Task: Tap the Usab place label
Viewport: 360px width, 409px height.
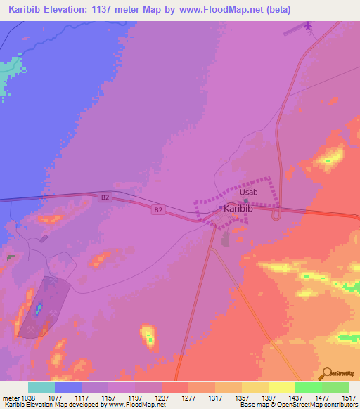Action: [x=249, y=192]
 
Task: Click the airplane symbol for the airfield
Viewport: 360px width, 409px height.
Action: [x=308, y=26]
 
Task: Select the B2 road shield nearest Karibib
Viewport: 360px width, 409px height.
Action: [x=159, y=209]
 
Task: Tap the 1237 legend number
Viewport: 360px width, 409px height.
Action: [x=162, y=397]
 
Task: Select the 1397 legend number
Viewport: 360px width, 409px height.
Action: [x=269, y=397]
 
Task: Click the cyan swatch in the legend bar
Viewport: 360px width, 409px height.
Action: [x=41, y=387]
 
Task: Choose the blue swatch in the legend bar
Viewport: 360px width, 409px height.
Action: [x=68, y=387]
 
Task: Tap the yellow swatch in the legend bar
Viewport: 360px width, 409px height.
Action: [x=281, y=387]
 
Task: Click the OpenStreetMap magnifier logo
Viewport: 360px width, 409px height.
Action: [x=326, y=373]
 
